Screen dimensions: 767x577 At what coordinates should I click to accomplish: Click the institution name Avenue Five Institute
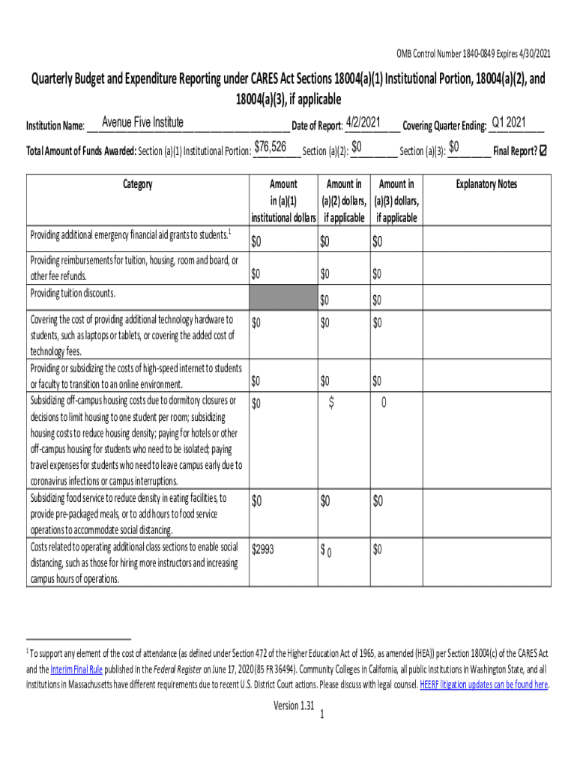click(x=142, y=123)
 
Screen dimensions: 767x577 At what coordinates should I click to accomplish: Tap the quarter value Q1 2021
click(x=508, y=123)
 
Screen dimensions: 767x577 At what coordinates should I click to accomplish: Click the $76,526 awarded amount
click(x=271, y=147)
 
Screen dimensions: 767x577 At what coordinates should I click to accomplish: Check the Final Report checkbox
click(x=543, y=151)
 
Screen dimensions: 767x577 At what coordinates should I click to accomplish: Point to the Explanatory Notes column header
click(x=486, y=184)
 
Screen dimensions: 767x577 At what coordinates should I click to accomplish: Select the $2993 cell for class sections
click(x=263, y=550)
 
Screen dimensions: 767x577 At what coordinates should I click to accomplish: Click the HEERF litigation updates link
click(x=483, y=685)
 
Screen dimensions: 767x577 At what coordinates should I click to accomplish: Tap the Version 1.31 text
click(x=294, y=706)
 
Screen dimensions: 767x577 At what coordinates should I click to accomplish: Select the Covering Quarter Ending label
click(x=444, y=126)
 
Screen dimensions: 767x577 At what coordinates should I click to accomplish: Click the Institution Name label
click(x=55, y=126)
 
